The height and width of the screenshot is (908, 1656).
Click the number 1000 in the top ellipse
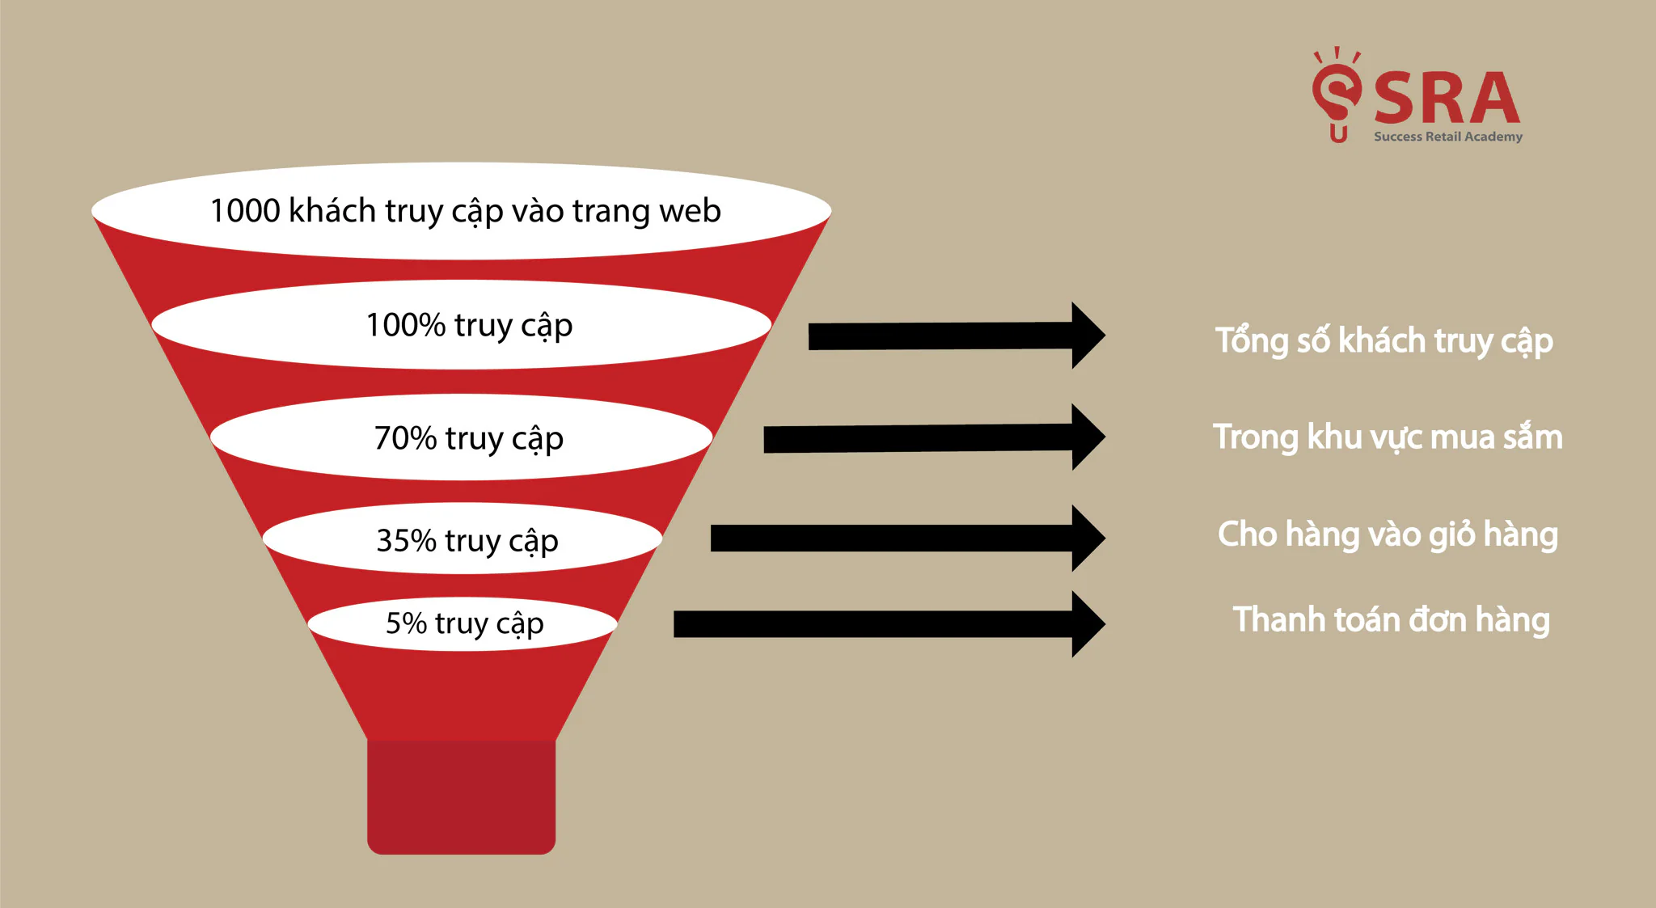(245, 210)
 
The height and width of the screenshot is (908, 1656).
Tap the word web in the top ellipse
(690, 211)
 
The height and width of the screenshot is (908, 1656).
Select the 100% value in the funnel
(406, 325)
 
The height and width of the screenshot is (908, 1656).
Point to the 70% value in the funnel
(406, 438)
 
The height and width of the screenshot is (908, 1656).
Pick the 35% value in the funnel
(407, 540)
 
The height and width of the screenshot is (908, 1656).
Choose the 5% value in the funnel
(406, 623)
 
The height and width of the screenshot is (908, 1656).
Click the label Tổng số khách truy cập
(1384, 340)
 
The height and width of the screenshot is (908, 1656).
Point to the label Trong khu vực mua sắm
(1388, 437)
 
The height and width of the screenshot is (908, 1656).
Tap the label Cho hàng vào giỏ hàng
(1388, 534)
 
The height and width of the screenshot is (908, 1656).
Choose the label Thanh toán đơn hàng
(1391, 620)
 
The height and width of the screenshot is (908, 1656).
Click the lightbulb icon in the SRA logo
(1337, 95)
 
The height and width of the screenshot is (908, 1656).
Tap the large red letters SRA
(1447, 98)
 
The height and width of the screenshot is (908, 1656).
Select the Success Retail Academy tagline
(1448, 137)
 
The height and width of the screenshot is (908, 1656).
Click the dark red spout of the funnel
(461, 796)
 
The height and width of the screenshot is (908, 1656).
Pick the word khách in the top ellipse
(332, 210)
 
